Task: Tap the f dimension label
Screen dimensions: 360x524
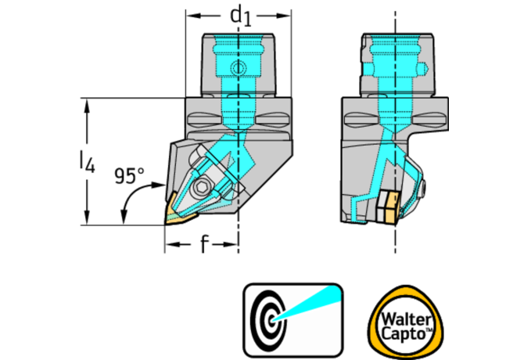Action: click(203, 245)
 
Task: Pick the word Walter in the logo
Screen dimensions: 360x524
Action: click(404, 320)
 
